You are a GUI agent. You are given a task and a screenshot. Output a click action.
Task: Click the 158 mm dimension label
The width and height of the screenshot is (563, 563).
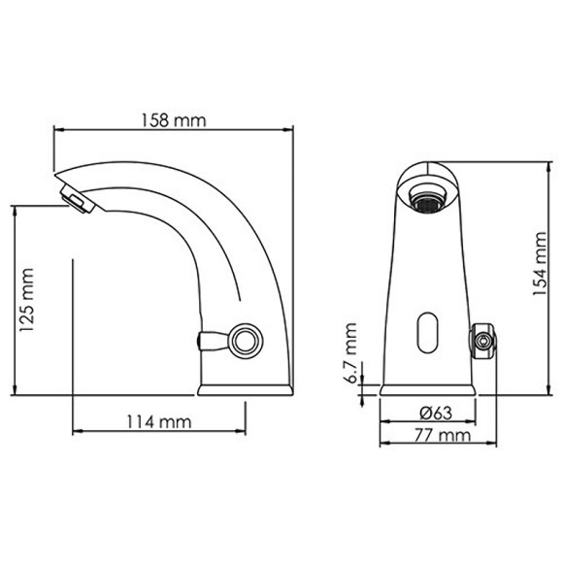pyautogui.click(x=176, y=121)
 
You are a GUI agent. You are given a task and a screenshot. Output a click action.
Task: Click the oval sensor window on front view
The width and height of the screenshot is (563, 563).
pyautogui.click(x=427, y=333)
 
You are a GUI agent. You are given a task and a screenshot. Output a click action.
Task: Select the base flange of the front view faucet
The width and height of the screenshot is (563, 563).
pyautogui.click(x=427, y=390)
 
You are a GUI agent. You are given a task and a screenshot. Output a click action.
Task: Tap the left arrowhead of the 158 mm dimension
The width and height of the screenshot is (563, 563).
pyautogui.click(x=58, y=130)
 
